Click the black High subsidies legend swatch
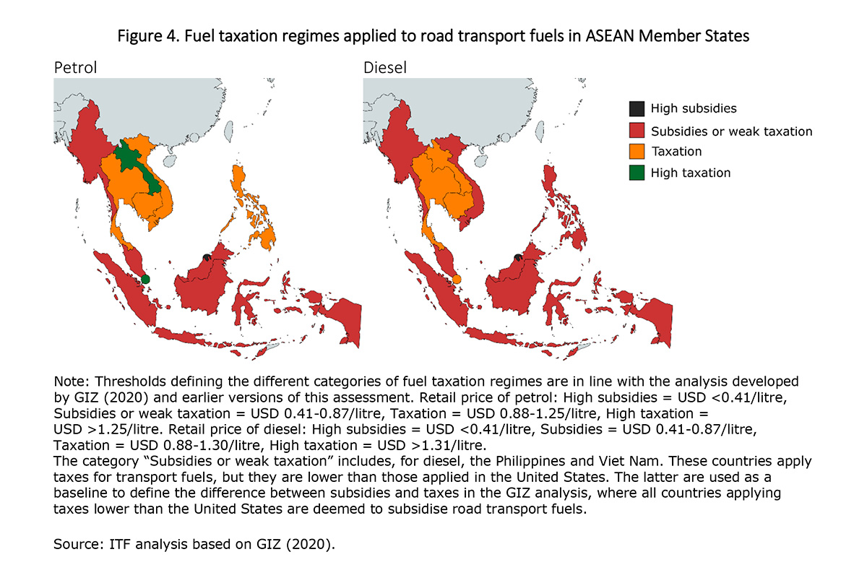637,109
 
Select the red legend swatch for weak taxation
637,131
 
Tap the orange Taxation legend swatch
637,152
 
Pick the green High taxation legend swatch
637,173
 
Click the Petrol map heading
76,68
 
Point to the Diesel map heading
385,68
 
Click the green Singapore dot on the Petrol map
145,279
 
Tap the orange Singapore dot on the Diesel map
456,279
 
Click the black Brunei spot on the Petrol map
207,256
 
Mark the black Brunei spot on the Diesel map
517,256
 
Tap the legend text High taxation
691,173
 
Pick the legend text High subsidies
694,109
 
